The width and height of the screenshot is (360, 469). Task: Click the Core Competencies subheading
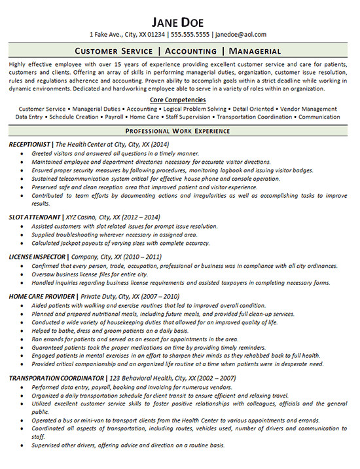[178, 100]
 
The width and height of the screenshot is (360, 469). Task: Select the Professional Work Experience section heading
[179, 131]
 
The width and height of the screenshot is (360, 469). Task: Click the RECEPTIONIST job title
[30, 143]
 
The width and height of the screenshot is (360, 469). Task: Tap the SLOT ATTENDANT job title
[35, 216]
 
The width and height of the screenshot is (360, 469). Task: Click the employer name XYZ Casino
[82, 216]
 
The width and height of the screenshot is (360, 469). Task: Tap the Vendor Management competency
[310, 108]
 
